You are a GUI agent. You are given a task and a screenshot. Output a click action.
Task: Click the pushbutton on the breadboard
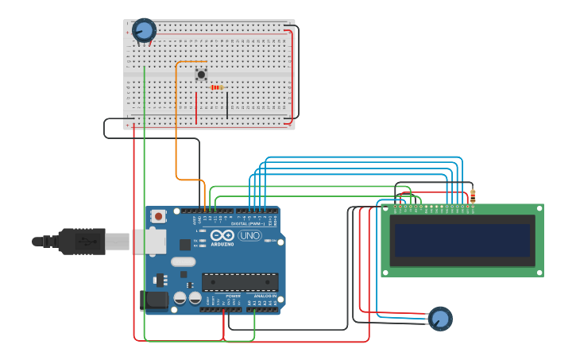point(201,75)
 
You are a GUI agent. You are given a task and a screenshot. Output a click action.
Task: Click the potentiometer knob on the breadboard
point(144,30)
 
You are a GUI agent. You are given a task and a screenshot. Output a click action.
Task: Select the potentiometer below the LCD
point(439,319)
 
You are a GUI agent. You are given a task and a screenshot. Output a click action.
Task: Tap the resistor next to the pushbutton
point(216,87)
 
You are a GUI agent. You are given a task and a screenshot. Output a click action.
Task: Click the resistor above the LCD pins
point(473,195)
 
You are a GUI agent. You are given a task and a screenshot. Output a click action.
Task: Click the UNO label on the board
point(249,235)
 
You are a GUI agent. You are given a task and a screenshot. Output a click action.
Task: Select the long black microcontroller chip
point(240,282)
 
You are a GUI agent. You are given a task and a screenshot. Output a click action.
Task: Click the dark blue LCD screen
point(462,240)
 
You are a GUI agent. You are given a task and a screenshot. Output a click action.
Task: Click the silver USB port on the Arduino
point(149,241)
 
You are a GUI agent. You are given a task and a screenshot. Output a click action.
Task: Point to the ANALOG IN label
point(265,296)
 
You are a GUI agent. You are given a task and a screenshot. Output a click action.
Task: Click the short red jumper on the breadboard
point(196,108)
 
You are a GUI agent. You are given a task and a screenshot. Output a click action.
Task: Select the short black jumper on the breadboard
point(227,106)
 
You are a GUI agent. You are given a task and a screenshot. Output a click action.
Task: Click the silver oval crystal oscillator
point(183,261)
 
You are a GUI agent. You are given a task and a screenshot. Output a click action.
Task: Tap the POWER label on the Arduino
point(233,296)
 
